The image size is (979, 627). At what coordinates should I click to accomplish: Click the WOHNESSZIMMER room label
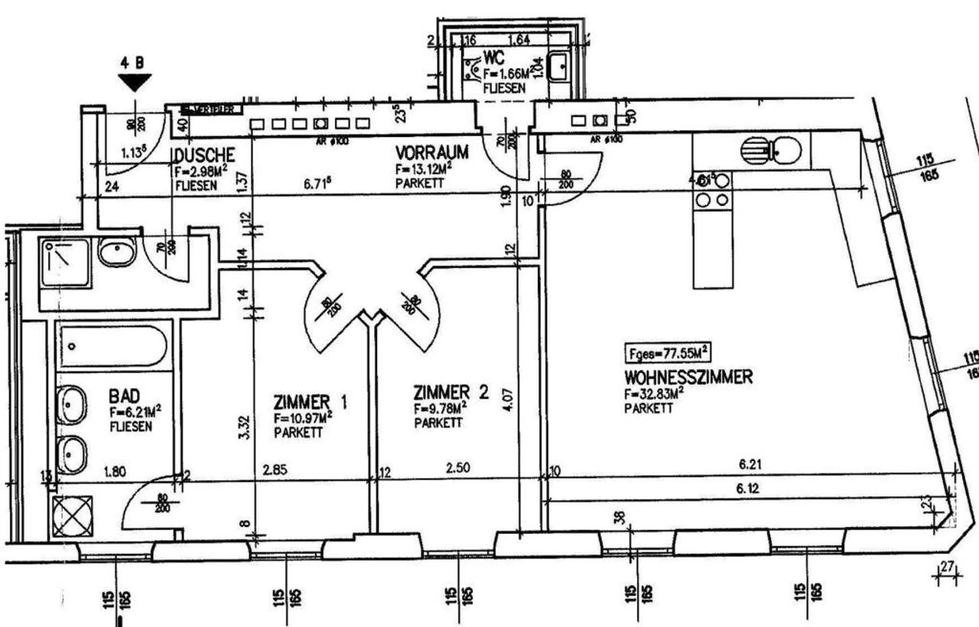click(689, 377)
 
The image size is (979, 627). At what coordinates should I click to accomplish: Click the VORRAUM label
click(431, 151)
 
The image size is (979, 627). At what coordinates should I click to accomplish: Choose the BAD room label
click(124, 396)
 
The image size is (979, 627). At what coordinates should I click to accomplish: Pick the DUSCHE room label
click(197, 156)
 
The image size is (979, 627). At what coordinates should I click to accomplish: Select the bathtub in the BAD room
click(112, 346)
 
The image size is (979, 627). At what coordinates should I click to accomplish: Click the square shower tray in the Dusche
click(66, 262)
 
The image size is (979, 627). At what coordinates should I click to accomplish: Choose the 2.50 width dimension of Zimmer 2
click(457, 468)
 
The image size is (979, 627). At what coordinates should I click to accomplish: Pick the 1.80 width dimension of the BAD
click(115, 472)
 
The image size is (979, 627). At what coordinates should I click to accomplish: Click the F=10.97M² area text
click(303, 418)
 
